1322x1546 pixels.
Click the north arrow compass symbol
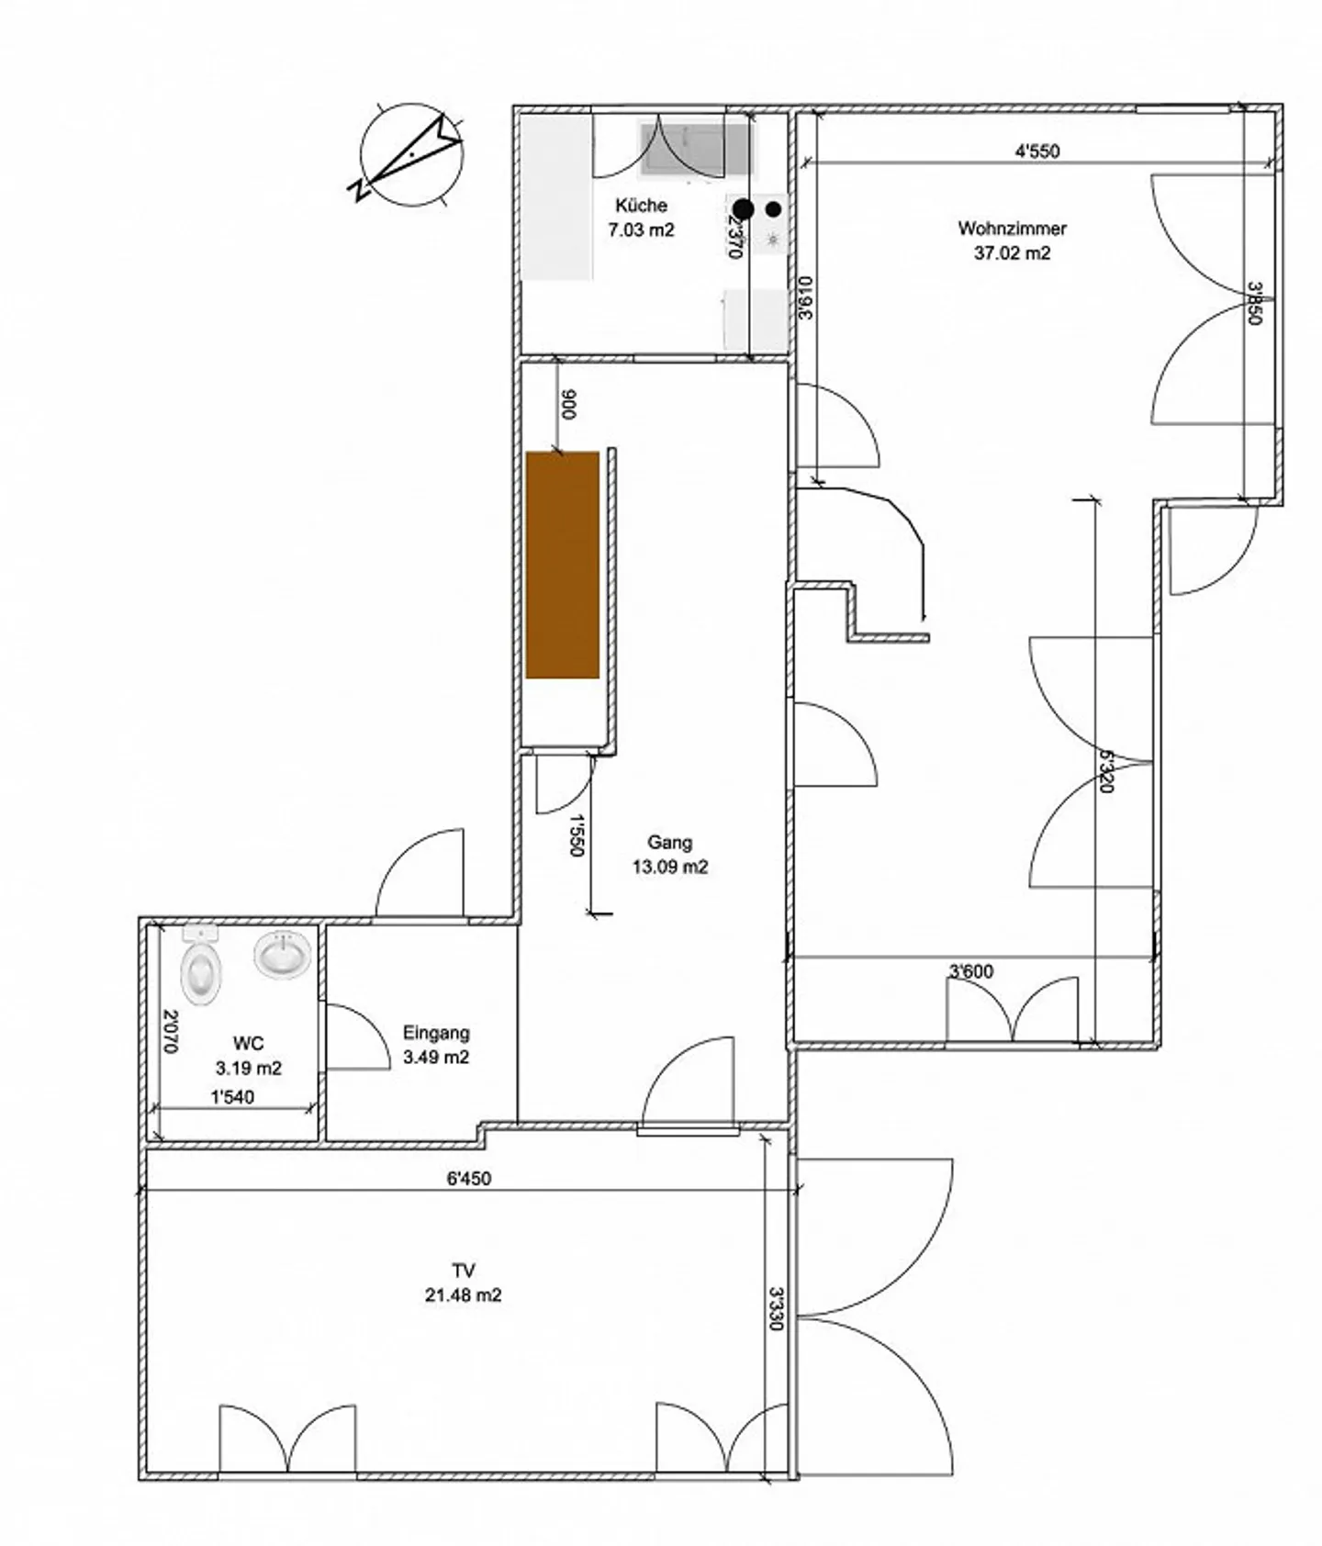(412, 153)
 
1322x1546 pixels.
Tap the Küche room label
(641, 206)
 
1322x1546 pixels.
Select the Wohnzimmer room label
(1012, 229)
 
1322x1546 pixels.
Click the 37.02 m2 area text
(1012, 253)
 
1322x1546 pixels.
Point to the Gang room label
(669, 842)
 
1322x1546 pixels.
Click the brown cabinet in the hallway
(563, 565)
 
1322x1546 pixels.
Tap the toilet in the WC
(202, 971)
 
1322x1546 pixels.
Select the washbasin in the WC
(282, 955)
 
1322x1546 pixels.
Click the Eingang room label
(436, 1033)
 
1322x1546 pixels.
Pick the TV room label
(464, 1271)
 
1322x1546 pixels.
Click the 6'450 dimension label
(468, 1179)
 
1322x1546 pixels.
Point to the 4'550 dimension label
(1036, 151)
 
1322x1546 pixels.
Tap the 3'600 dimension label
(970, 971)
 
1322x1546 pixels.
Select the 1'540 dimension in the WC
(232, 1097)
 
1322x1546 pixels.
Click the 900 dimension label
(568, 405)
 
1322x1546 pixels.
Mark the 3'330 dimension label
(777, 1308)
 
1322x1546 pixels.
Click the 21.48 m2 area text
(464, 1296)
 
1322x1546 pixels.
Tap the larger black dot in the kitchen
(743, 210)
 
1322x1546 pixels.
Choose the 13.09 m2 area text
(670, 867)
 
